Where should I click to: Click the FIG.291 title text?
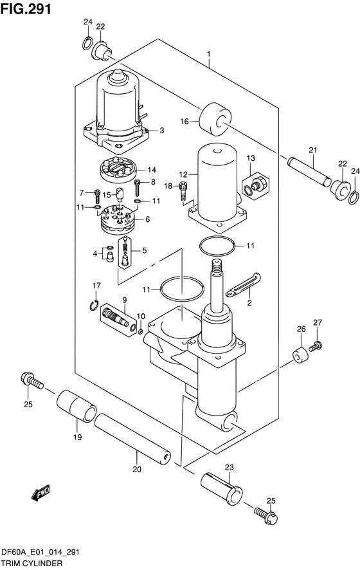coord(26,9)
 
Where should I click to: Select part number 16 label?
coord(184,122)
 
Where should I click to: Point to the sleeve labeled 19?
coord(76,406)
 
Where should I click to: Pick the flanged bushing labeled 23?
coord(222,488)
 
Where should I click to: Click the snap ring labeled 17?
coord(94,305)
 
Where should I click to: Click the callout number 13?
coord(251,158)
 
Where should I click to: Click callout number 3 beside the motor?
coord(161,131)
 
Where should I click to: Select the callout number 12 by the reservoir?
coord(183,175)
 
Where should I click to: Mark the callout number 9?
coord(124,300)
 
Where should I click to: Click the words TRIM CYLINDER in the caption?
coord(32,564)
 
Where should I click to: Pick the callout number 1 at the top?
coord(209,54)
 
